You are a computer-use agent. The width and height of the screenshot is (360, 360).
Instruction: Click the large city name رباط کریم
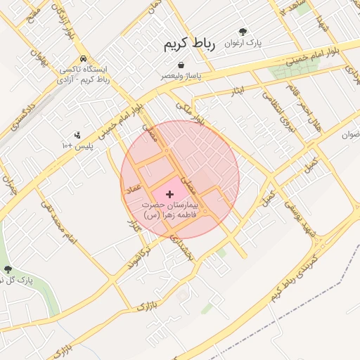click(x=188, y=44)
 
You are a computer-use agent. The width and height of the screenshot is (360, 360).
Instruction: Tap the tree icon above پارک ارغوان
click(x=243, y=32)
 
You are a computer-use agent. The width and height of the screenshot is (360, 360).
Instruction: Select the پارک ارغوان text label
click(x=243, y=43)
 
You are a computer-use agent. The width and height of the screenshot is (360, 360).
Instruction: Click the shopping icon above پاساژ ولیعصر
click(x=181, y=65)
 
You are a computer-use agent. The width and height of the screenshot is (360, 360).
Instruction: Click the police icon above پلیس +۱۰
click(x=77, y=135)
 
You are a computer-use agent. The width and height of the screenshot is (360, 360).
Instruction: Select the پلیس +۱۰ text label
click(x=76, y=146)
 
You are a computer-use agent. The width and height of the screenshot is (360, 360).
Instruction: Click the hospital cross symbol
click(x=169, y=193)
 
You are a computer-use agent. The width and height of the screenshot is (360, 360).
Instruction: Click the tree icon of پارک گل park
click(x=8, y=269)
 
